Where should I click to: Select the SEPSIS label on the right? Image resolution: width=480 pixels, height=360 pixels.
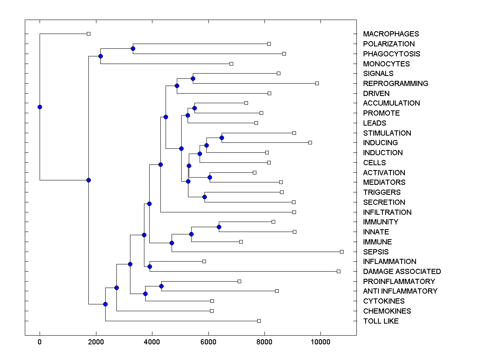click(x=376, y=252)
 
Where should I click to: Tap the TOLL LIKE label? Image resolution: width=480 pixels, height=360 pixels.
click(x=381, y=321)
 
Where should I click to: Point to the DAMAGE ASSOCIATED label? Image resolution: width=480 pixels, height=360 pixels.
click(x=402, y=272)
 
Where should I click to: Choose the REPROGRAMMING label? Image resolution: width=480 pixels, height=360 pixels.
click(x=396, y=84)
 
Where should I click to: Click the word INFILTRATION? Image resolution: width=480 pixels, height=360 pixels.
click(x=387, y=212)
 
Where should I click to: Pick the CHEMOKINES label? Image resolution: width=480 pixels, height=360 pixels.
click(x=387, y=311)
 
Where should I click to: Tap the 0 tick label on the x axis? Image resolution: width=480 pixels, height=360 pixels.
click(x=40, y=342)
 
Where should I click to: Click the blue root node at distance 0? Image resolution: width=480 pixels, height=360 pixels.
click(x=40, y=107)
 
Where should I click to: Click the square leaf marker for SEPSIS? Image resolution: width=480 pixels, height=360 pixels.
click(x=342, y=252)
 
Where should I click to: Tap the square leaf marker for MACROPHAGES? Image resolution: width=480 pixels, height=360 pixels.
click(x=89, y=34)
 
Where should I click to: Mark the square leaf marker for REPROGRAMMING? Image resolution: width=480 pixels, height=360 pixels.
click(x=317, y=83)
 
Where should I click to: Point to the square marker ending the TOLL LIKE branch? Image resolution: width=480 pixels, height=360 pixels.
click(x=259, y=321)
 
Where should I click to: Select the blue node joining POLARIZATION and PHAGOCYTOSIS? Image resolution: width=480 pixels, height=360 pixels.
click(x=133, y=48)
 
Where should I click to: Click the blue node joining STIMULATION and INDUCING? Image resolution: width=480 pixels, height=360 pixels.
click(x=222, y=138)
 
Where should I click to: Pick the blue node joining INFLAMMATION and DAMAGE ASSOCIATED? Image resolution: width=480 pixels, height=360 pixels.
click(x=150, y=266)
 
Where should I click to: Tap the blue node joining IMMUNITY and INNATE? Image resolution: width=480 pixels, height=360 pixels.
click(x=219, y=227)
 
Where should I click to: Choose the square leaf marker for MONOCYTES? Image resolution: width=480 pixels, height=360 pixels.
click(x=231, y=64)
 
